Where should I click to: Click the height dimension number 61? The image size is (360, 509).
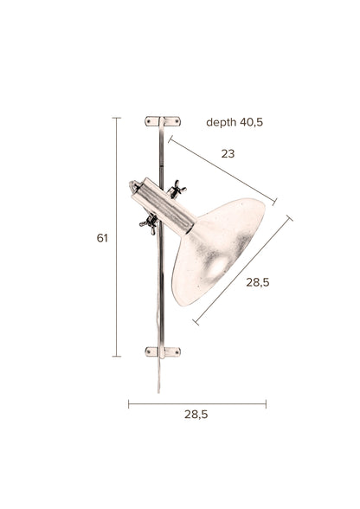tap(102, 238)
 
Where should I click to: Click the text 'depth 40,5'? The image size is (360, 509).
tap(234, 123)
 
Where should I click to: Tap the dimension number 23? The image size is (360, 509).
tap(228, 154)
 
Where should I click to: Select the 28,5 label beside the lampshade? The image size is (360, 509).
tap(257, 282)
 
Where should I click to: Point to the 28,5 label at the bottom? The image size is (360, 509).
tap(196, 415)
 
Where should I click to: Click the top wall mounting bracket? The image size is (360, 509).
tap(163, 121)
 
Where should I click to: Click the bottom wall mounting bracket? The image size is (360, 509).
tap(163, 351)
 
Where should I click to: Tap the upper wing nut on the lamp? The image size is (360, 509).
tap(177, 189)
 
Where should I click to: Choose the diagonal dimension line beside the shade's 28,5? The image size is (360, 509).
tap(242, 270)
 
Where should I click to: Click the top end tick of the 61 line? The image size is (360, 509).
tap(117, 118)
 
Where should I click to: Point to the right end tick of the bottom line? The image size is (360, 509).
tap(266, 403)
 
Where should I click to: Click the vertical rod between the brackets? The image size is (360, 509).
tap(159, 286)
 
